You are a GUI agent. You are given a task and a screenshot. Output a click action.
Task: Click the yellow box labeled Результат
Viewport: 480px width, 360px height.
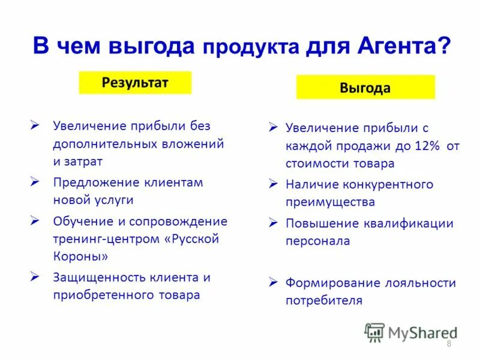pos(135,83)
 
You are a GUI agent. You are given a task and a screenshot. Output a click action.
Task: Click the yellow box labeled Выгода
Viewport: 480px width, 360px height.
pos(365,88)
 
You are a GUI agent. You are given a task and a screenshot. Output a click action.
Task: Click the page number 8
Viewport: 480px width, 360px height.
pos(449,343)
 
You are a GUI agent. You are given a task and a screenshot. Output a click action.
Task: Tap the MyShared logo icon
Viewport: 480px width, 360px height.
pos(374,332)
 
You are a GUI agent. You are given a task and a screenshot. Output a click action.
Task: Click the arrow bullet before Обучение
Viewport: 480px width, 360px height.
pos(35,221)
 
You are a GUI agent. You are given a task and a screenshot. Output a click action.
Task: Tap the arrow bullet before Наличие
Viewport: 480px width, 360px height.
pos(273,184)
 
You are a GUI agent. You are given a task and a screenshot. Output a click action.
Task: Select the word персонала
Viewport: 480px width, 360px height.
pos(318,241)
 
